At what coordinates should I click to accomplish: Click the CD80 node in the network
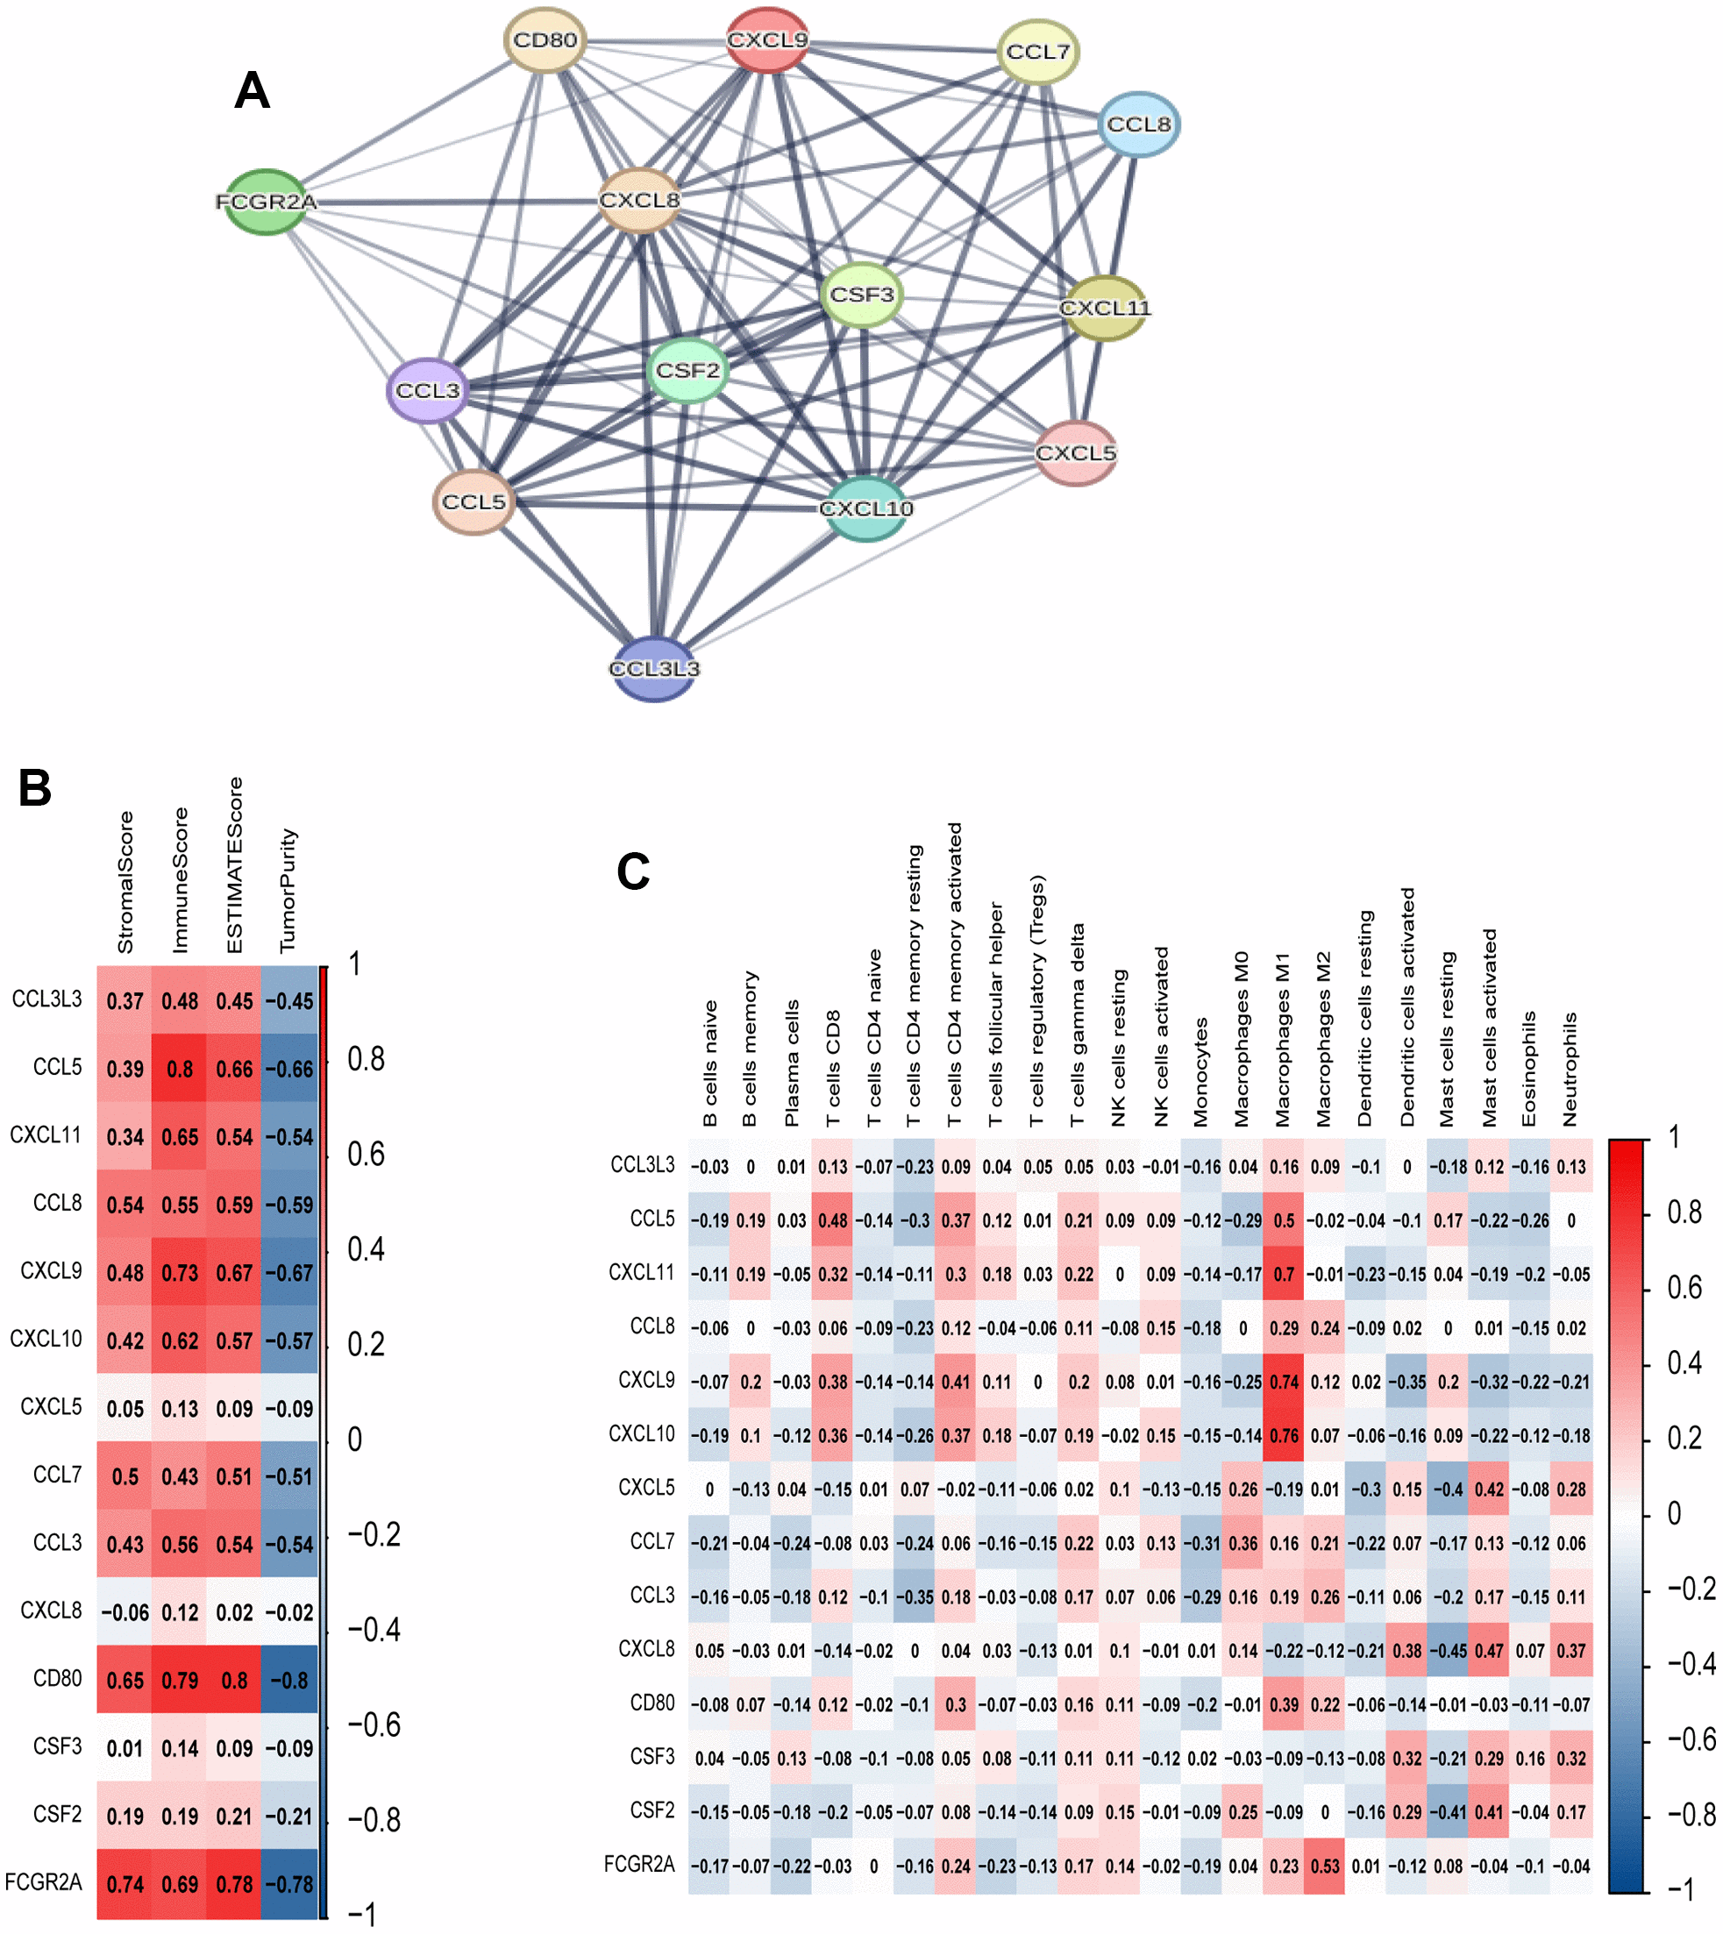pyautogui.click(x=545, y=39)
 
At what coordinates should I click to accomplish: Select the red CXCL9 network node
pyautogui.click(x=768, y=39)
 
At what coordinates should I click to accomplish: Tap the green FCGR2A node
pyautogui.click(x=266, y=202)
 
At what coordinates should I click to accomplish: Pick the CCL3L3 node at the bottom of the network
pyautogui.click(x=654, y=668)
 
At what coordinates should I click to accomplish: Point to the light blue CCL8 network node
pyautogui.click(x=1139, y=124)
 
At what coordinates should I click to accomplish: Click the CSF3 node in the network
pyautogui.click(x=861, y=295)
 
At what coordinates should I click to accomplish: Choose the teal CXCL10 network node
pyautogui.click(x=865, y=508)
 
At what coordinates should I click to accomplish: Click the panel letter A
pyautogui.click(x=252, y=91)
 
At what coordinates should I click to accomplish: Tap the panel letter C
pyautogui.click(x=632, y=871)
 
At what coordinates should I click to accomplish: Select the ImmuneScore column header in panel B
pyautogui.click(x=180, y=880)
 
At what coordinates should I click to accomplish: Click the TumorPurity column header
pyautogui.click(x=288, y=891)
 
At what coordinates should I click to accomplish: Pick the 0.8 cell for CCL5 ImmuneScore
pyautogui.click(x=180, y=1069)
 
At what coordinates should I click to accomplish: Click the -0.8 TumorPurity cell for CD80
pyautogui.click(x=288, y=1681)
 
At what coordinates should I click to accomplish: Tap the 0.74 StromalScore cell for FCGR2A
pyautogui.click(x=125, y=1884)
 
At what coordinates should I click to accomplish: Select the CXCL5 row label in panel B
pyautogui.click(x=51, y=1407)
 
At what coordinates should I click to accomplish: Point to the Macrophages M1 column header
pyautogui.click(x=1283, y=1040)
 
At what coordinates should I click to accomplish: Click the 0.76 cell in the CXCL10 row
pyautogui.click(x=1284, y=1435)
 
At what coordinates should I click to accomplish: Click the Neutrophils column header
pyautogui.click(x=1570, y=1069)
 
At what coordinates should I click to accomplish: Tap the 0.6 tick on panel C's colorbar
pyautogui.click(x=1684, y=1288)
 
